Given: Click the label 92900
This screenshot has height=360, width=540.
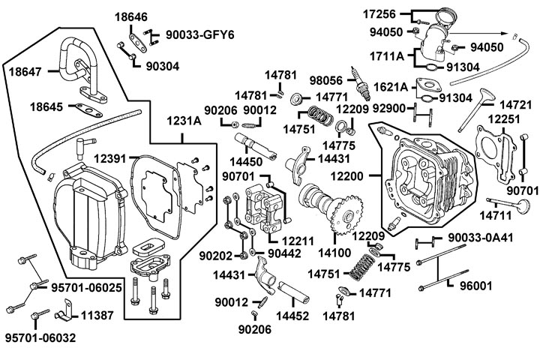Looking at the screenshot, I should coord(390,109).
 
